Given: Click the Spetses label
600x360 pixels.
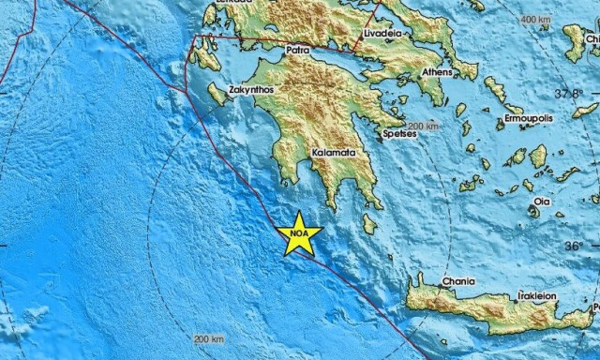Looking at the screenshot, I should click(x=400, y=134).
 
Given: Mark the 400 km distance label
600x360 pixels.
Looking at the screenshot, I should click(x=535, y=19).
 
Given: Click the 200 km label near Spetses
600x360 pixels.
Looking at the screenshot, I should click(x=425, y=125).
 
